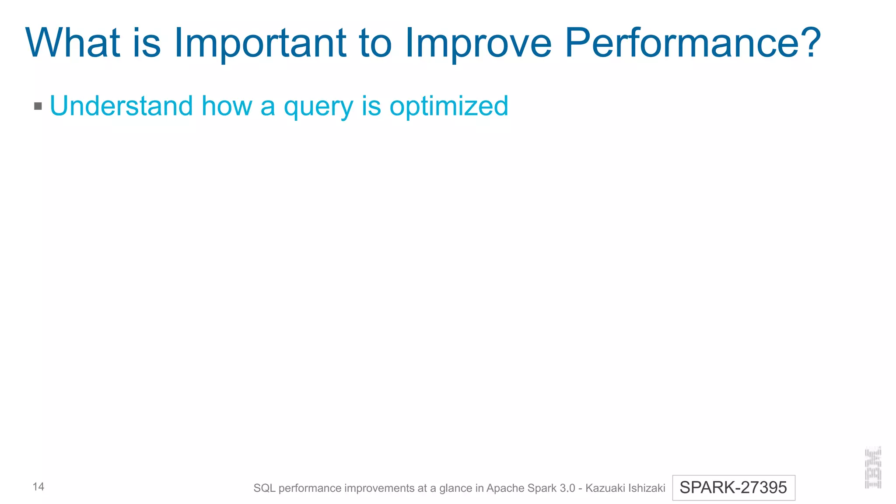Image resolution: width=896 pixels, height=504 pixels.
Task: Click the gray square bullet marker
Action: pos(38,106)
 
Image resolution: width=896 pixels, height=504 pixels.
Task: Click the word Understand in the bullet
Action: pos(121,106)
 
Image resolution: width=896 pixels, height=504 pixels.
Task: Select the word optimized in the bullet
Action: pos(449,106)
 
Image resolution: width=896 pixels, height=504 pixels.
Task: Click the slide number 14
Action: pos(38,486)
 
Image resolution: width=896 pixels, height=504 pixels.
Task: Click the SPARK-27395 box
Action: pos(733,487)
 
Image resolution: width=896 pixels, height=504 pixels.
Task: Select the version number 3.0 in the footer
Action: pos(567,488)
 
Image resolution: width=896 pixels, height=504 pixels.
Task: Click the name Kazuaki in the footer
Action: pos(603,488)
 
